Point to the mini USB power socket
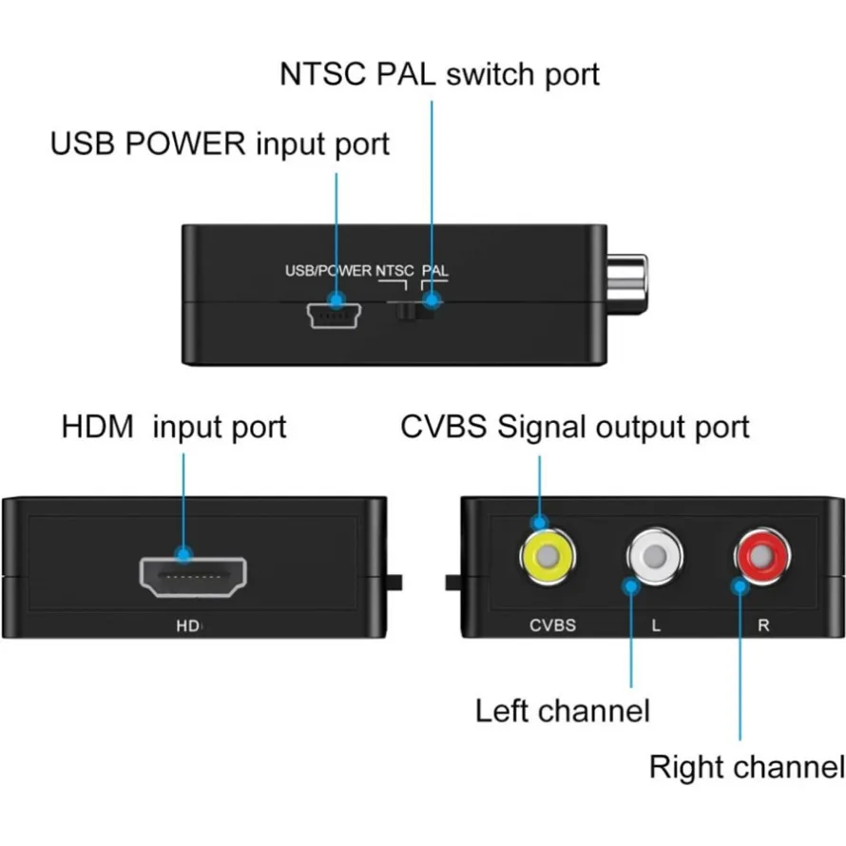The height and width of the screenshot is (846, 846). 332,317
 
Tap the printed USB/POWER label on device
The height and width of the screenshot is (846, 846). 328,271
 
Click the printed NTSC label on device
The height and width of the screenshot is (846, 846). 395,271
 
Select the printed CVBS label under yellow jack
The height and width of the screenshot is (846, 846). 552,625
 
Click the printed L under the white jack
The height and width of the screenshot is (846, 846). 656,625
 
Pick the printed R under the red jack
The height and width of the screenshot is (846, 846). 763,625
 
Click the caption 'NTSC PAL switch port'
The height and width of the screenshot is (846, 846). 439,74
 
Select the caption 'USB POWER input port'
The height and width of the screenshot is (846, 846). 220,144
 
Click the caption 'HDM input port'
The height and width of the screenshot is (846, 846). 174,426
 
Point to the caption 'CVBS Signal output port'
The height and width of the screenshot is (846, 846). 574,426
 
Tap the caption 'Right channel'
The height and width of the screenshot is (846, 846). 746,767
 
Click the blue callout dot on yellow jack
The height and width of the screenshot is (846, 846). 540,522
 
